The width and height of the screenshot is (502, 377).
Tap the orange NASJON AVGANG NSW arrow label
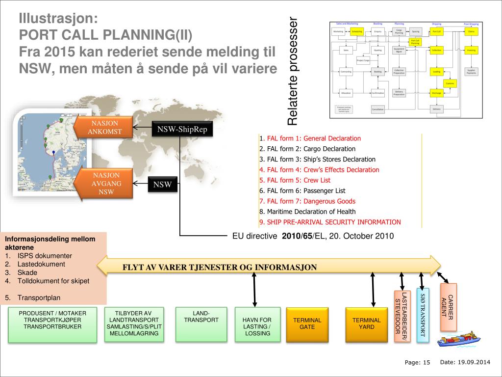pos(105,184)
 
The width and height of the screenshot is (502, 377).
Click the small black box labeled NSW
pos(162,185)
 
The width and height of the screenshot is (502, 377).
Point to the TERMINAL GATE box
pos(307,323)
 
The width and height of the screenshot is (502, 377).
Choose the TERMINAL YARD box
pos(366,323)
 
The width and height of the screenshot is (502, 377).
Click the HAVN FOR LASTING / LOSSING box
pos(257,324)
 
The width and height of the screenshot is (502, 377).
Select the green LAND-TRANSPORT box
pos(201,324)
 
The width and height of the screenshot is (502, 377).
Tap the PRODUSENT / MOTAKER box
pos(52,324)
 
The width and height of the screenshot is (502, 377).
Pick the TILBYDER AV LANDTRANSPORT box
pos(135,324)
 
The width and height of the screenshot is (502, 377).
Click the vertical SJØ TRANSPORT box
pos(423,315)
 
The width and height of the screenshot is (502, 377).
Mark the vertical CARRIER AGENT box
pos(448,307)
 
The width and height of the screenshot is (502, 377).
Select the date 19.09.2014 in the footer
pos(474,362)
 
